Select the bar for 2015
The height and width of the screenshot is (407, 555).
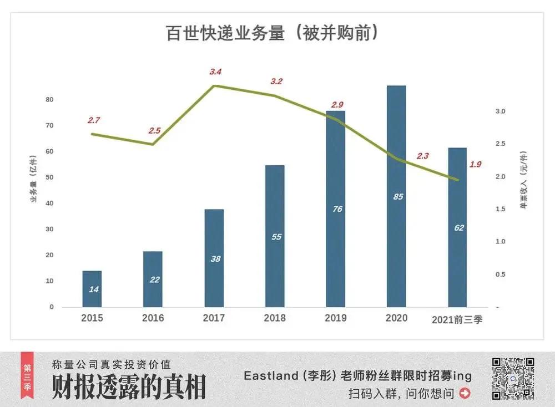coord(92,288)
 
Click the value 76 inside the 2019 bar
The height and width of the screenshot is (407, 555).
coord(337,209)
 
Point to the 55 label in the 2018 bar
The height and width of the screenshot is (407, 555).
coord(276,237)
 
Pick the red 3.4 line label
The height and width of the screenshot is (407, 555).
coord(215,72)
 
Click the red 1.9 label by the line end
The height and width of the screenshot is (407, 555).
coord(475,164)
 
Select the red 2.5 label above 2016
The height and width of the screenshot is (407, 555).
coord(154,131)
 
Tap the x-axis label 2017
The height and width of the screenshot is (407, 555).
coord(214,318)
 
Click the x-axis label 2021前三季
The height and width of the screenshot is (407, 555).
coord(457,320)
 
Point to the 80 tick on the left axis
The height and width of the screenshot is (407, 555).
coord(49,100)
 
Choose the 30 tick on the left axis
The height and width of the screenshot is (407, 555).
coord(49,230)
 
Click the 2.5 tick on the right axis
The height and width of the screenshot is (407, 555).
coord(501,144)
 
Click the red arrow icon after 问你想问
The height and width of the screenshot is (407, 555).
coord(465,394)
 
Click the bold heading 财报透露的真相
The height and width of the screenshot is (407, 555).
coord(129,387)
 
